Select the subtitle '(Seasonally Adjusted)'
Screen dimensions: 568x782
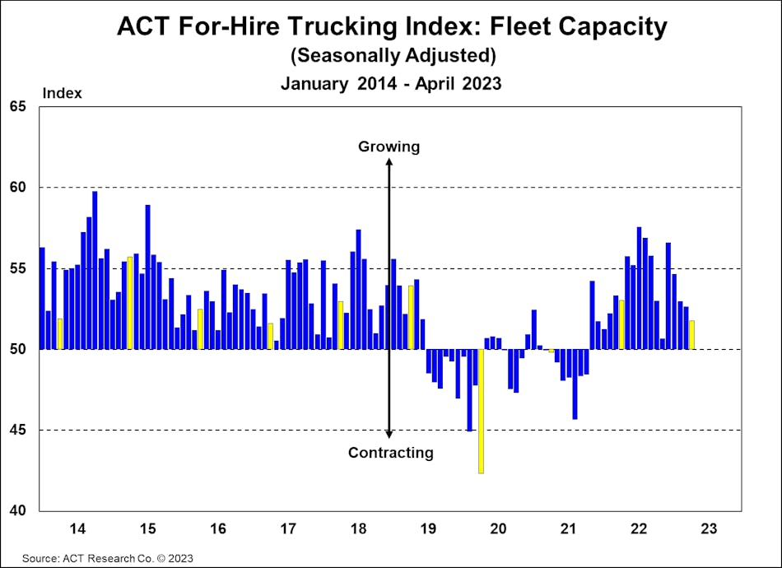[391, 56]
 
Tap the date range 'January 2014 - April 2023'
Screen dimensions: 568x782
[391, 83]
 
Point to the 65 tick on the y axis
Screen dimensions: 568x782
[18, 107]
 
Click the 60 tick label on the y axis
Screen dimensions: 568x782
[18, 188]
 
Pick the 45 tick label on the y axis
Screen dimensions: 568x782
[18, 430]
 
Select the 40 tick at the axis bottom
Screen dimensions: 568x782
[18, 510]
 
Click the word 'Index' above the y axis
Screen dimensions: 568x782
[63, 93]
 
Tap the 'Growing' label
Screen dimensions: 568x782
[389, 147]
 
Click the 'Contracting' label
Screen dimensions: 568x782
[390, 452]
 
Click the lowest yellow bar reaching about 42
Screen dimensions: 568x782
[481, 412]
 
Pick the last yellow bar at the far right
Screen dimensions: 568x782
[691, 335]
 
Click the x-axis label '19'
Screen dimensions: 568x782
[427, 528]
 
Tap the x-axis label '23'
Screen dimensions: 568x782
[709, 528]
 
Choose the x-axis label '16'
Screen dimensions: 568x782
[218, 528]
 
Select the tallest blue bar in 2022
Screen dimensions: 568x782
[639, 288]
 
